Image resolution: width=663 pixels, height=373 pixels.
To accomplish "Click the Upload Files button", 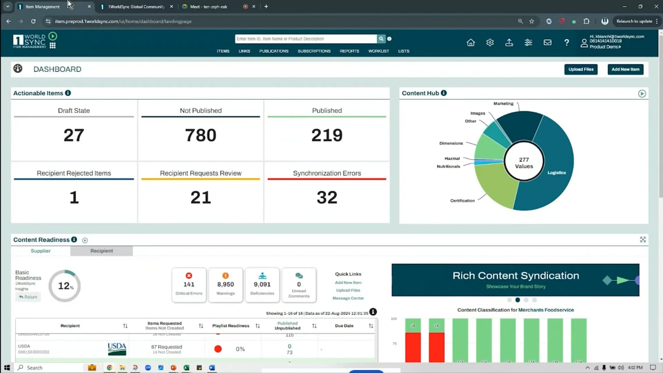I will click(581, 69).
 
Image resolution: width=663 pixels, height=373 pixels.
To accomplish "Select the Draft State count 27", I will click(74, 135).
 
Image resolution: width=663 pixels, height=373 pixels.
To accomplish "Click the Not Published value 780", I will click(200, 135).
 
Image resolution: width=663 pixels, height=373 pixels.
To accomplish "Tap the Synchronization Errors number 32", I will click(327, 197).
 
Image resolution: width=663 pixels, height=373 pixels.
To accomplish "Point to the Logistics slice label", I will click(556, 173).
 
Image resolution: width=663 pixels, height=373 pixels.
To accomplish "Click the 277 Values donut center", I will click(524, 163).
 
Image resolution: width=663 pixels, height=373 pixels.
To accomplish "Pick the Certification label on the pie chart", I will click(462, 200).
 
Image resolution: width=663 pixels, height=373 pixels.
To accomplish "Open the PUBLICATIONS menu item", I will click(273, 51).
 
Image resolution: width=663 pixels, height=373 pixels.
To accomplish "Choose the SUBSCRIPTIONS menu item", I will click(314, 51).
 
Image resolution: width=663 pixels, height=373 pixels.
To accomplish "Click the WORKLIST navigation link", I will click(379, 51).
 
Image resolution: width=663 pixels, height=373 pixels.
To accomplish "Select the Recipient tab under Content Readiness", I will click(102, 251).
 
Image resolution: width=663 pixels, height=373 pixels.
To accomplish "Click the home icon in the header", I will click(471, 42).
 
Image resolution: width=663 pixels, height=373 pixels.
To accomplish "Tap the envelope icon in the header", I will click(547, 42).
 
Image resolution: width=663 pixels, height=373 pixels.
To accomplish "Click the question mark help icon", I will click(567, 42).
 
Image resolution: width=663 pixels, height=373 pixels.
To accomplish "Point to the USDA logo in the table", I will click(117, 349).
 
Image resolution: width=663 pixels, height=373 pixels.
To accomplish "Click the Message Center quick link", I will click(348, 298).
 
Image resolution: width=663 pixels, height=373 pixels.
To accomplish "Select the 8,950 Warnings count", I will click(225, 284).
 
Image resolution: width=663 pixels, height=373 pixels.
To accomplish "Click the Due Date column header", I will click(344, 326).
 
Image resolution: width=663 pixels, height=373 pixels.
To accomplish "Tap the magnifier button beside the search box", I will click(381, 39).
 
